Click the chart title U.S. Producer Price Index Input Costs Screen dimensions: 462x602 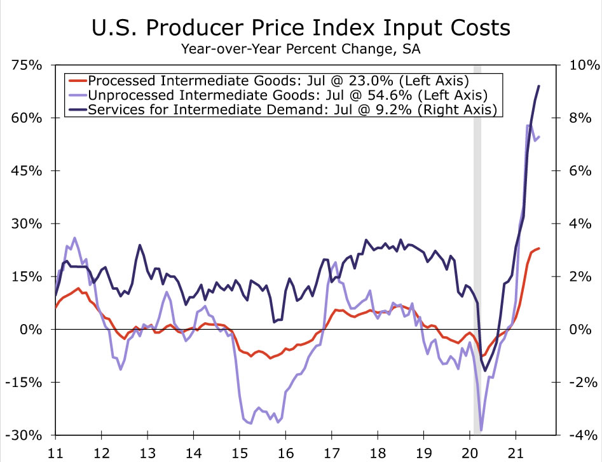pyautogui.click(x=301, y=28)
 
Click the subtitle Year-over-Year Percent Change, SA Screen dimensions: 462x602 pyautogui.click(x=301, y=48)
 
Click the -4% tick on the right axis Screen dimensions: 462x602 pyautogui.click(x=580, y=435)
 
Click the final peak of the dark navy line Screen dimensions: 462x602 pyautogui.click(x=540, y=86)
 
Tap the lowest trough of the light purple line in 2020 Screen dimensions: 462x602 pyautogui.click(x=481, y=430)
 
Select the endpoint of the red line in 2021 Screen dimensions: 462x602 pyautogui.click(x=540, y=248)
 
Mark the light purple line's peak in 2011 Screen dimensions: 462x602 pyautogui.click(x=74, y=238)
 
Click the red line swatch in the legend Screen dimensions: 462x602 pyautogui.click(x=77, y=81)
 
